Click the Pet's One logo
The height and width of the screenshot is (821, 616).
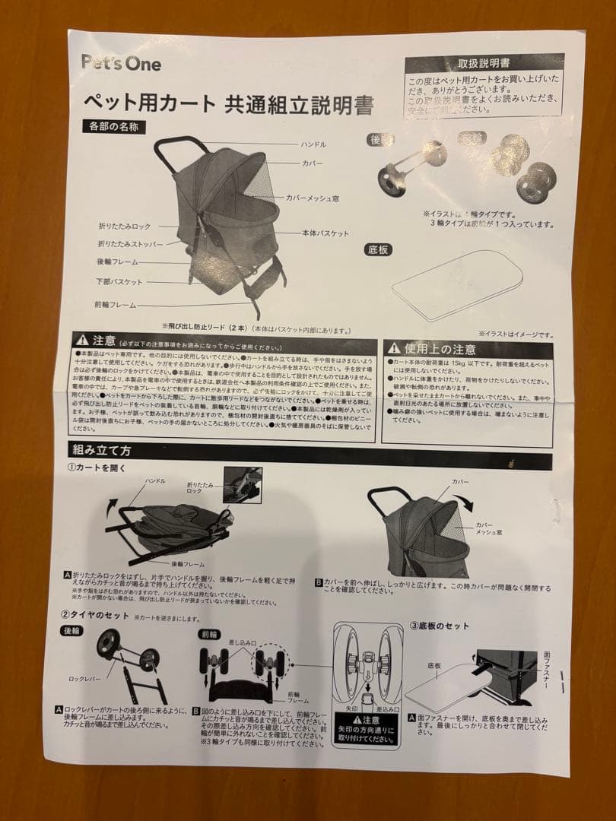coord(121,63)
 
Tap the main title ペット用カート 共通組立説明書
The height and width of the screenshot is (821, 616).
coord(227,104)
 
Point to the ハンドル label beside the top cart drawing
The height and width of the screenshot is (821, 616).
coord(313,144)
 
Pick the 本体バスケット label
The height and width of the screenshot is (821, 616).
coord(324,233)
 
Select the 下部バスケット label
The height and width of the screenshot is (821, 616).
coord(119,282)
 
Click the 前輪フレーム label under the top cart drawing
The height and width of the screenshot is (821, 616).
coord(116,305)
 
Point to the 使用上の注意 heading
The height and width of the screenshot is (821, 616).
coord(440,348)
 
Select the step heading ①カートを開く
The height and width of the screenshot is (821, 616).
coord(96,468)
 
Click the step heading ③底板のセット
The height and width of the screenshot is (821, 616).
coord(440,626)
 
